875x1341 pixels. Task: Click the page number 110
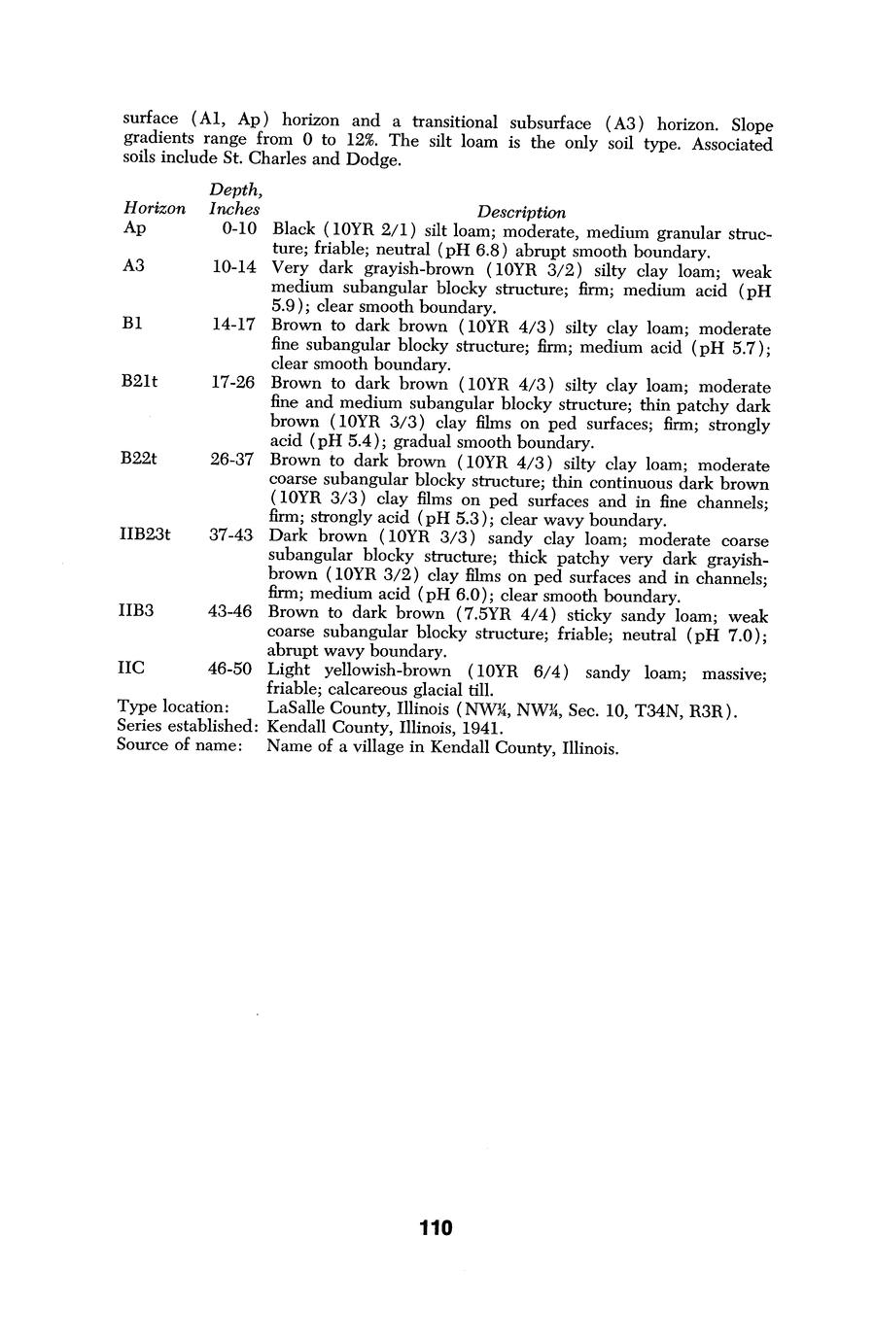point(437,1227)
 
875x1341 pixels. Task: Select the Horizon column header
point(155,208)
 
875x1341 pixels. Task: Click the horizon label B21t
point(140,382)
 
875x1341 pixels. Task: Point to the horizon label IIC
point(131,668)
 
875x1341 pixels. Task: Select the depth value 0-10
point(238,228)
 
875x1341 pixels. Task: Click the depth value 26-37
point(231,459)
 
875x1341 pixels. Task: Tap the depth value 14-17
point(233,325)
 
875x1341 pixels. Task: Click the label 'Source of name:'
point(179,745)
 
